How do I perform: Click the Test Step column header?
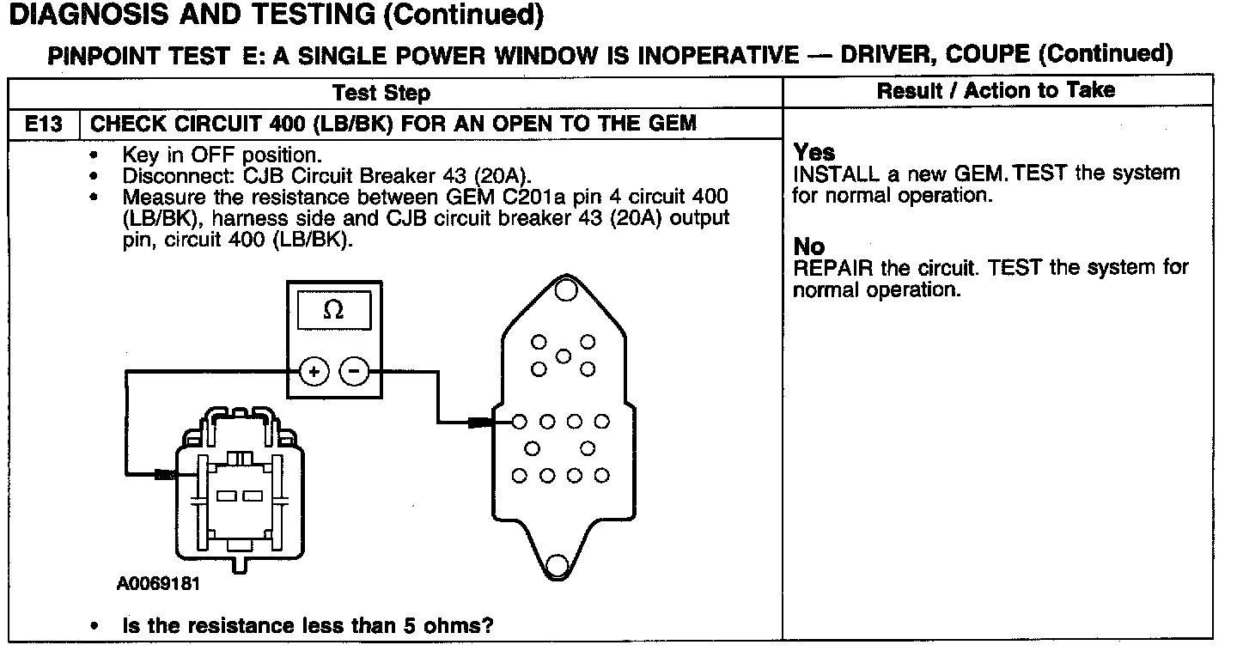point(381,93)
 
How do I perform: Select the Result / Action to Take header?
point(996,90)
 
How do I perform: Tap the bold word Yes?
point(813,153)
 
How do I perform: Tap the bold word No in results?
point(807,248)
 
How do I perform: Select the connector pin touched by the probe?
point(519,422)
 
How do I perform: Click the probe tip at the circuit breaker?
point(163,473)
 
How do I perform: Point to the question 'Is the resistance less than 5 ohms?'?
point(308,625)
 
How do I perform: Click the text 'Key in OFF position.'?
point(222,155)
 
